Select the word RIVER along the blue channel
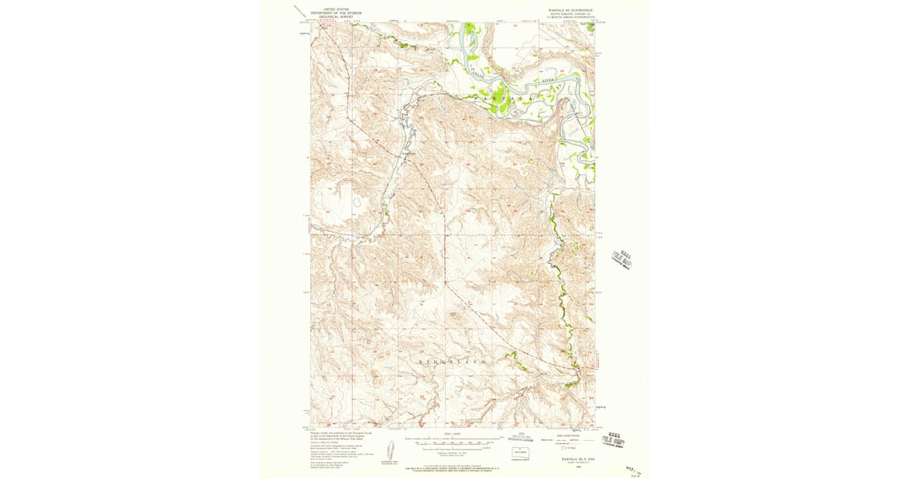click(548, 78)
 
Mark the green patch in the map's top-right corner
click(588, 28)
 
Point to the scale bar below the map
click(453, 439)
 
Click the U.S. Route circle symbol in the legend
click(563, 448)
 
